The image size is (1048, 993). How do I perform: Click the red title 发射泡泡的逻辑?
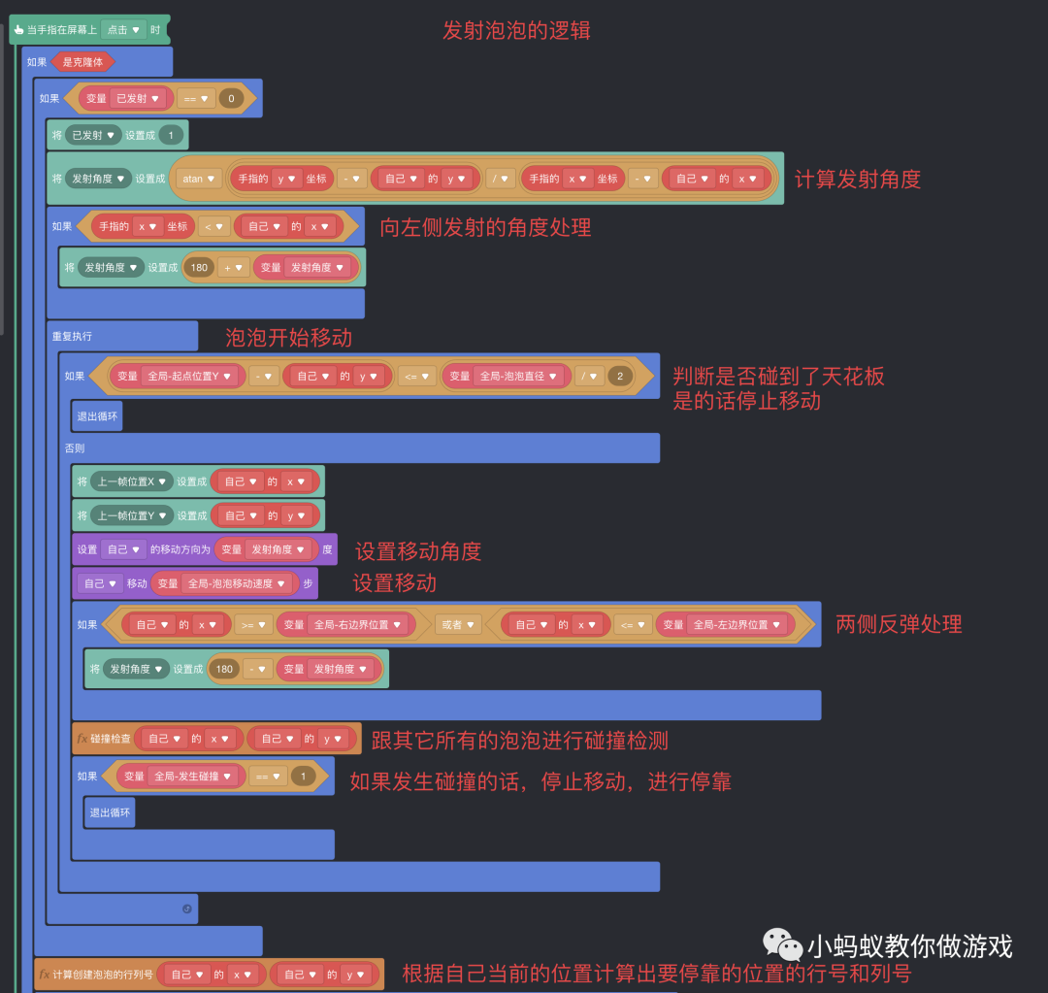click(516, 30)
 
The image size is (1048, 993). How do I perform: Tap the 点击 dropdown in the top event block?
click(123, 30)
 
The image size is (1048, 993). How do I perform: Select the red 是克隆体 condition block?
click(82, 62)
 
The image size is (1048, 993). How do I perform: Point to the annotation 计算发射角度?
click(857, 180)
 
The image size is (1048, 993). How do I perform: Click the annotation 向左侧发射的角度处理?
click(485, 227)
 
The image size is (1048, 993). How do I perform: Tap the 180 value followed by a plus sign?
click(198, 267)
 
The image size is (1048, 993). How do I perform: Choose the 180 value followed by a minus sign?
click(224, 669)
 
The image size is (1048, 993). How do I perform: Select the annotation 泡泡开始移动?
click(288, 338)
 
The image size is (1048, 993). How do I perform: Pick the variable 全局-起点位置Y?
click(190, 376)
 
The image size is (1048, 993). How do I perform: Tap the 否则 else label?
click(75, 448)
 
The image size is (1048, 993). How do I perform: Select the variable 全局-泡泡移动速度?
click(237, 583)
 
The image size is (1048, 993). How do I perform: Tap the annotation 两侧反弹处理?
click(899, 624)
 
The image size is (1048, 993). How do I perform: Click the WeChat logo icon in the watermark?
click(782, 943)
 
